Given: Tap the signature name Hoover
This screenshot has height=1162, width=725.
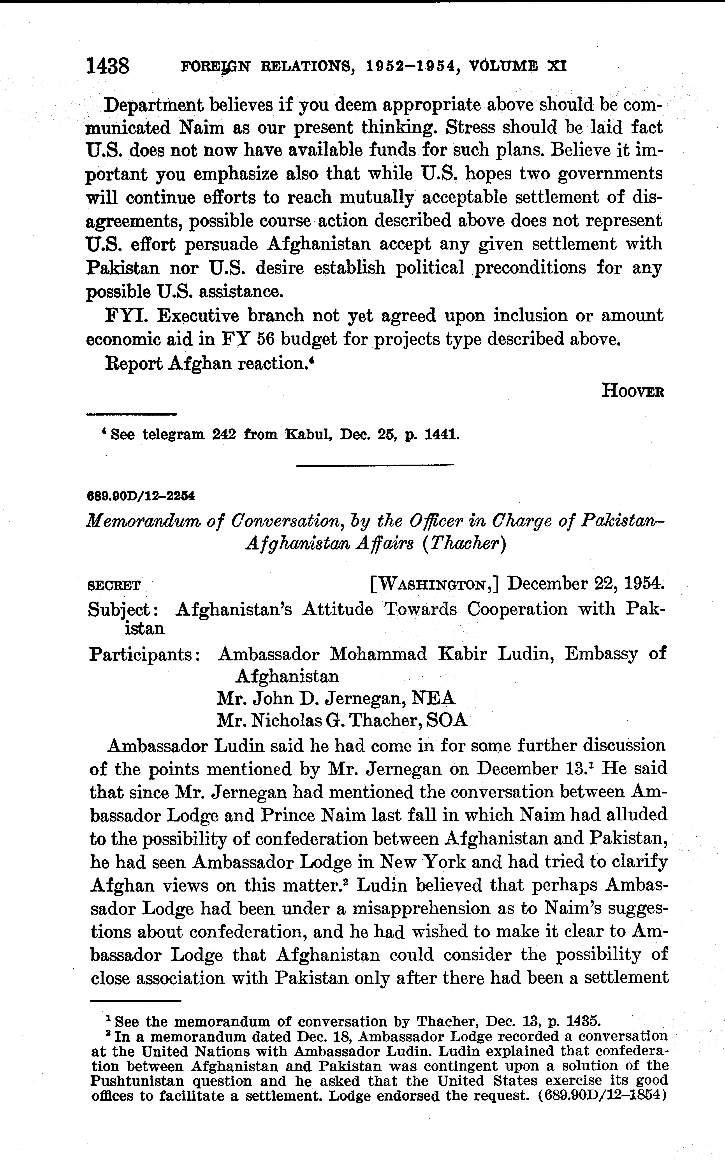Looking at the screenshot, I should point(632,391).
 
